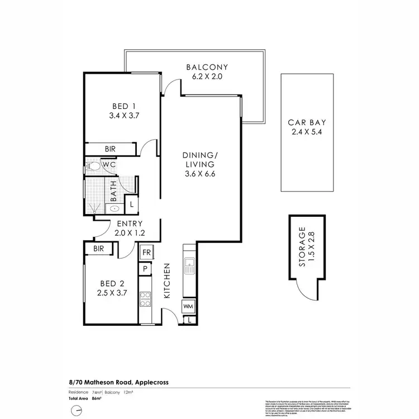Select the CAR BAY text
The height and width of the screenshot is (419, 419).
303,123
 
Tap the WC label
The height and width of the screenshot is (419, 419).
109,166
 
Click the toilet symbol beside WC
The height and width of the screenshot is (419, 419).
93,166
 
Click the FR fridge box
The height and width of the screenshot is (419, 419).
146,253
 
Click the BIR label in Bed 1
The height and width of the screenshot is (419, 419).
111,149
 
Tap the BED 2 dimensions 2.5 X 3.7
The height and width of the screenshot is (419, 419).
110,291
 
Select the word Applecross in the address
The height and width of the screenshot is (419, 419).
148,382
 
